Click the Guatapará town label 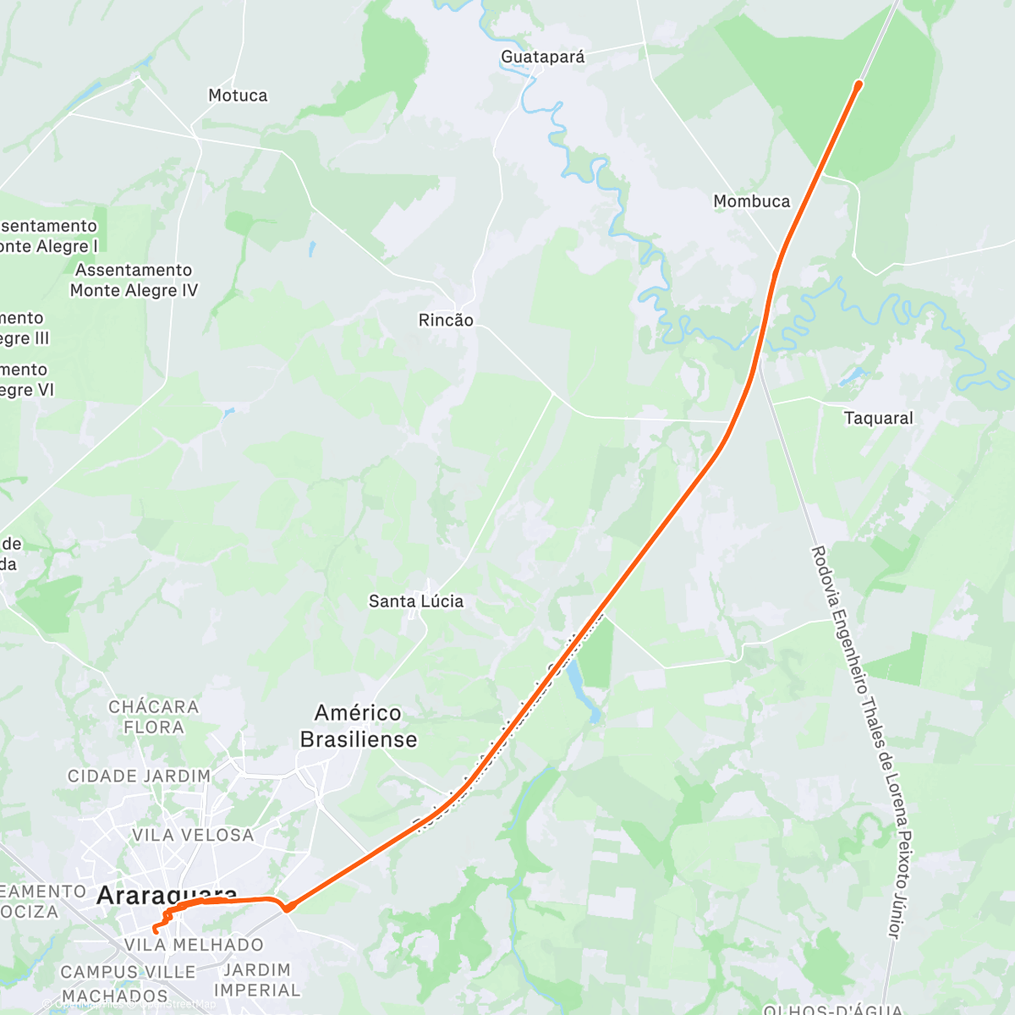point(542,57)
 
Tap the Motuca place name point(238,96)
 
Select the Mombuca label point(751,201)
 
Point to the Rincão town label point(446,321)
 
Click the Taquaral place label point(878,418)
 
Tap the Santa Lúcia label point(416,601)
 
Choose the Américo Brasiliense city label point(359,726)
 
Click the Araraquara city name point(167,895)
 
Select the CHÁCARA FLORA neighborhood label point(154,716)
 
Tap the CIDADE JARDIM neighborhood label point(140,776)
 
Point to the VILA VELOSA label point(193,835)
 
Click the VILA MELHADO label point(194,945)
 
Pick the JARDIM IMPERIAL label point(257,979)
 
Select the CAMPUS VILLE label point(129,972)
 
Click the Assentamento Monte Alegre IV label point(134,280)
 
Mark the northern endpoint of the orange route point(859,85)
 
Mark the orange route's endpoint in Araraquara point(155,930)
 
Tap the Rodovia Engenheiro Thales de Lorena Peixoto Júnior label point(856,742)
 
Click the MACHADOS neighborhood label point(115,996)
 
